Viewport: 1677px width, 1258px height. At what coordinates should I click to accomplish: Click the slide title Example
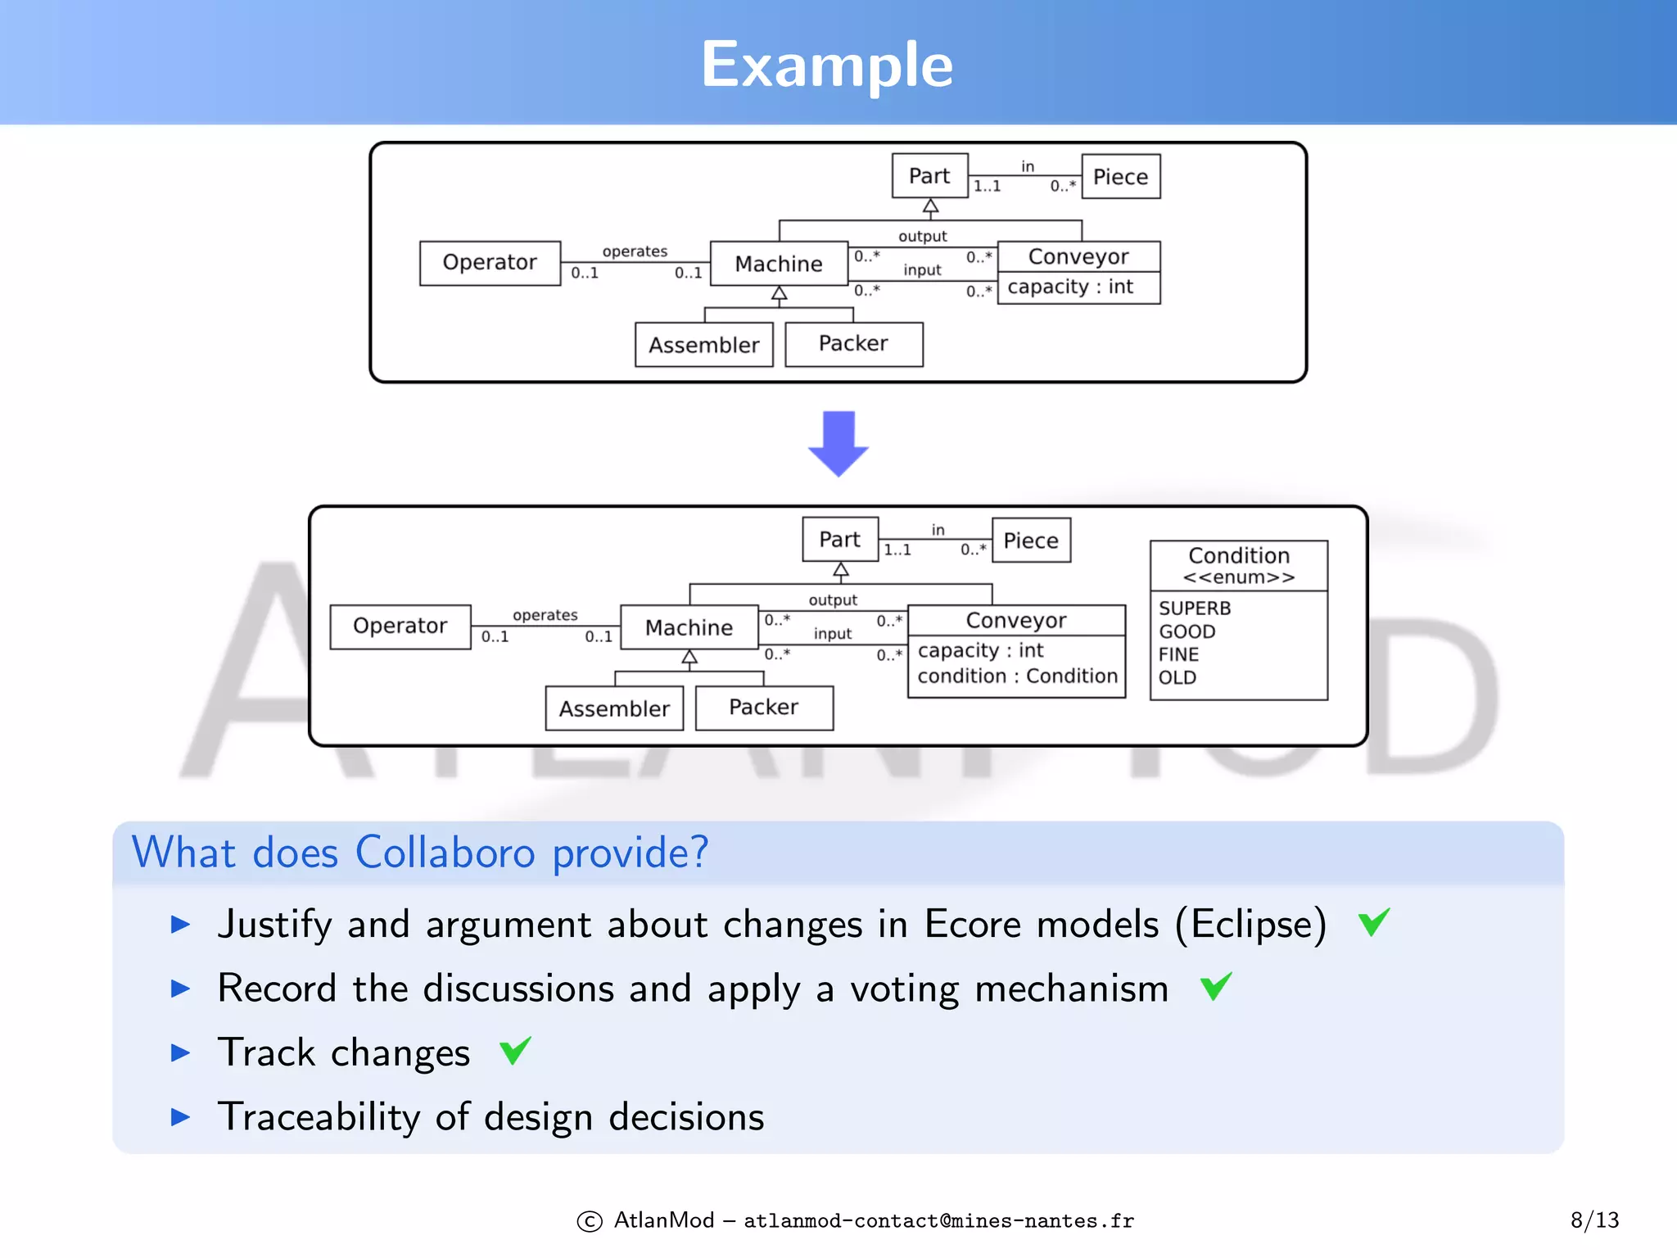(x=827, y=66)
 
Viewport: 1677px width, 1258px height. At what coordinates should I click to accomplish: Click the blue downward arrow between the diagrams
(x=838, y=443)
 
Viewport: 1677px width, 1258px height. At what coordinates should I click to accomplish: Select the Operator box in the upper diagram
(x=490, y=263)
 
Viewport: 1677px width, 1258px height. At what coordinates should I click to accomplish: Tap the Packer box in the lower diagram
(x=763, y=708)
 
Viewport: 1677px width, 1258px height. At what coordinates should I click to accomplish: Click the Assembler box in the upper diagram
(x=703, y=345)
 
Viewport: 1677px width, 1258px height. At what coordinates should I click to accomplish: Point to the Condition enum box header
(x=1238, y=565)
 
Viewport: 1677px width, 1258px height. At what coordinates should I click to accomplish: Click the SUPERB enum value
(x=1195, y=609)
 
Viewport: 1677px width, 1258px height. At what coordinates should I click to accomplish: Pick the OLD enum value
(x=1177, y=677)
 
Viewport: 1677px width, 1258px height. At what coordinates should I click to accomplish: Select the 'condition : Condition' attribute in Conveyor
(x=1017, y=677)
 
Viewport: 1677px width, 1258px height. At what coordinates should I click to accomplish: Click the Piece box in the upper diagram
(x=1120, y=177)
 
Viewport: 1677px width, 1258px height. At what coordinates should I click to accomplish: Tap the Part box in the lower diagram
(x=839, y=540)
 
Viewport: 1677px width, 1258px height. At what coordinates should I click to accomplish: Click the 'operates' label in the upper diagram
(x=635, y=251)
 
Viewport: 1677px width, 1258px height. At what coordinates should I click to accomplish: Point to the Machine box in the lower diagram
(x=689, y=628)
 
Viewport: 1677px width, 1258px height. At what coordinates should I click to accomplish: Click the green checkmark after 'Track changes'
(x=516, y=1050)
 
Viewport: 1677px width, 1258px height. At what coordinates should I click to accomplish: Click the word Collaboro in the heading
(x=445, y=853)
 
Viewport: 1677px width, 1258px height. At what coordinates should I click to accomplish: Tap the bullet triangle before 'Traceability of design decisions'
(x=180, y=1116)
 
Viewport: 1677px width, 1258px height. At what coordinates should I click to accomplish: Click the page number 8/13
(x=1594, y=1220)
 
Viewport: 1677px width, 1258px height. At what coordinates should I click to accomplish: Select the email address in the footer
(x=938, y=1221)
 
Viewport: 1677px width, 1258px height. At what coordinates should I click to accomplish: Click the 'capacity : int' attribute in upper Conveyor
(x=1070, y=287)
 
